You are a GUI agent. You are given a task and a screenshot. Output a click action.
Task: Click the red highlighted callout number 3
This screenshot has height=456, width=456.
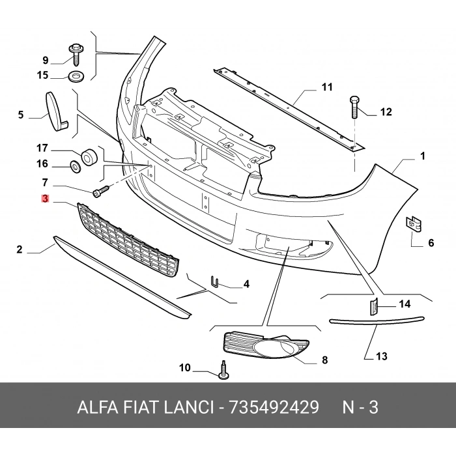coord(45,199)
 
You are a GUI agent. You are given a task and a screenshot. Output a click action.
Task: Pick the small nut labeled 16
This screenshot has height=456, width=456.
coord(75,167)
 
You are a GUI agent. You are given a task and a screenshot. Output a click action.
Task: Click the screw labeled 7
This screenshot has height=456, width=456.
coord(100,192)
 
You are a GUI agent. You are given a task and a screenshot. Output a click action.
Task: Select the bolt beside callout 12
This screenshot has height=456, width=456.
coord(354,105)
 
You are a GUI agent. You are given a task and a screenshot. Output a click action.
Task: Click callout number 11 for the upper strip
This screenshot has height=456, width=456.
coord(326,87)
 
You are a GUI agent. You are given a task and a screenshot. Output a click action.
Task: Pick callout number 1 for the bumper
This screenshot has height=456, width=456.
coord(422,156)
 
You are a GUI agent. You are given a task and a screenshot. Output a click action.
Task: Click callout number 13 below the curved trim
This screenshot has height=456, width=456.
coord(381,356)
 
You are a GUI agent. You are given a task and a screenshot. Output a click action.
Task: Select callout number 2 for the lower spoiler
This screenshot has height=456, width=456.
coord(20,249)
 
